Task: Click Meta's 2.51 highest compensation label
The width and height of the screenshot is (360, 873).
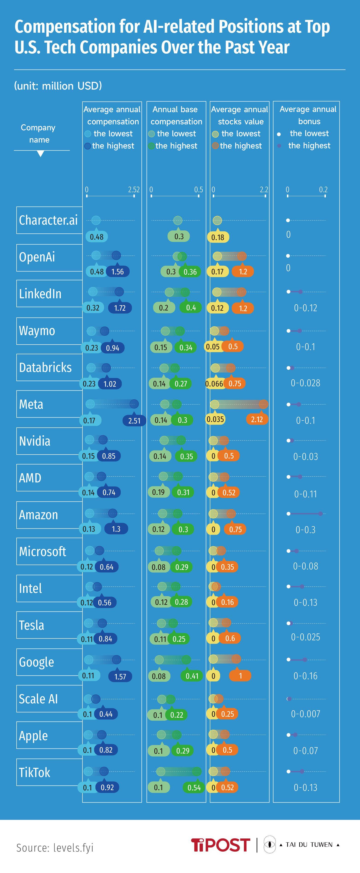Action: pyautogui.click(x=134, y=421)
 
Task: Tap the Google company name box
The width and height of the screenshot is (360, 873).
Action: pyautogui.click(x=49, y=662)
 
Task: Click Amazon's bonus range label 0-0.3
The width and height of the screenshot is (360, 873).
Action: pyautogui.click(x=305, y=530)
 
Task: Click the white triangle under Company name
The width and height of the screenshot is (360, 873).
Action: pyautogui.click(x=41, y=154)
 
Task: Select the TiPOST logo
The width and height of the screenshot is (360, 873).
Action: pyautogui.click(x=220, y=845)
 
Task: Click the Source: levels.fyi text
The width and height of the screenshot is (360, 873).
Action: pyautogui.click(x=55, y=848)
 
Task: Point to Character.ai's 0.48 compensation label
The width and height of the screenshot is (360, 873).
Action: pyautogui.click(x=97, y=237)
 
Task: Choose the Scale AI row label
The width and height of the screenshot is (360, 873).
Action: pyautogui.click(x=49, y=699)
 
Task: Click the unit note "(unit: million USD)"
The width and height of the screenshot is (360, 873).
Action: pyautogui.click(x=58, y=86)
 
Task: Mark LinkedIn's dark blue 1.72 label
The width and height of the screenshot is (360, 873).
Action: pyautogui.click(x=120, y=308)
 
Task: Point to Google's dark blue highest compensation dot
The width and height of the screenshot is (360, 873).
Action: pyautogui.click(x=116, y=659)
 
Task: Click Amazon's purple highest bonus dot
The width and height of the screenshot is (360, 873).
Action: pyautogui.click(x=321, y=514)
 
